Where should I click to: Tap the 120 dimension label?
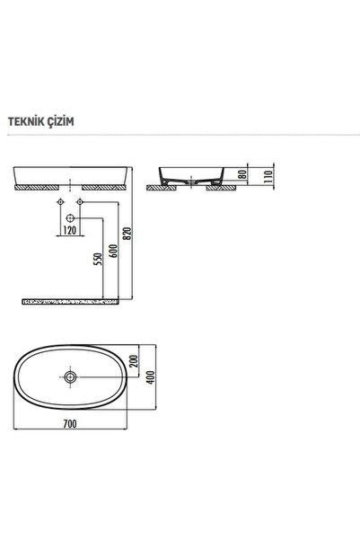click(x=70, y=230)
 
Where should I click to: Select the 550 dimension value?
click(x=99, y=259)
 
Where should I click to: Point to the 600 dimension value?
click(x=114, y=251)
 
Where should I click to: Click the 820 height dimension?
click(x=127, y=234)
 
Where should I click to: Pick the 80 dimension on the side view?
click(x=242, y=174)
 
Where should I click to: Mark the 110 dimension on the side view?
click(x=268, y=176)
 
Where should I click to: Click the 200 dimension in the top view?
click(x=134, y=361)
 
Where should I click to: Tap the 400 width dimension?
click(x=151, y=377)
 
